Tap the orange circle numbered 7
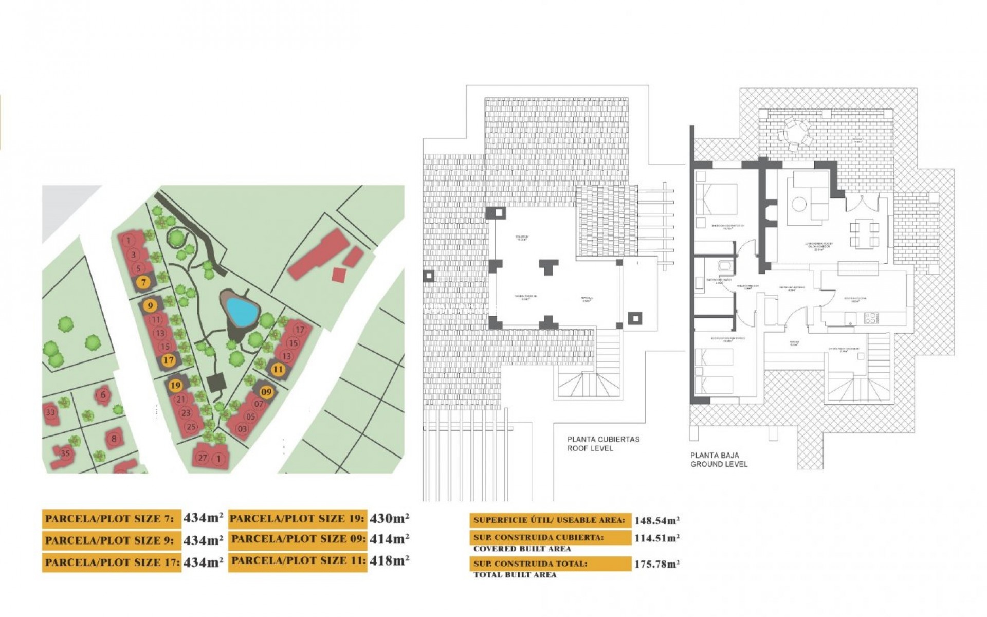(143, 282)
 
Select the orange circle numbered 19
(176, 385)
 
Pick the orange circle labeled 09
(266, 392)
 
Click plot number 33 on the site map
(50, 412)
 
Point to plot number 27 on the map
(203, 458)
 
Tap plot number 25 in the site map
(191, 426)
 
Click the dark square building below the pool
(216, 382)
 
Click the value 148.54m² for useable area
(656, 520)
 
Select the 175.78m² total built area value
(656, 564)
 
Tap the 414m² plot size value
(389, 539)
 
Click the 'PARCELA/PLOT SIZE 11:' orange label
(298, 560)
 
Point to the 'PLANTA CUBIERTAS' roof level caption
(603, 439)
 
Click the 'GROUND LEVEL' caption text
(719, 464)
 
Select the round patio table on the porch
(795, 132)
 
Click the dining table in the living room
(864, 234)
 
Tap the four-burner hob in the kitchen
(870, 318)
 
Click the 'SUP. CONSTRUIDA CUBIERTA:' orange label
(550, 537)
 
